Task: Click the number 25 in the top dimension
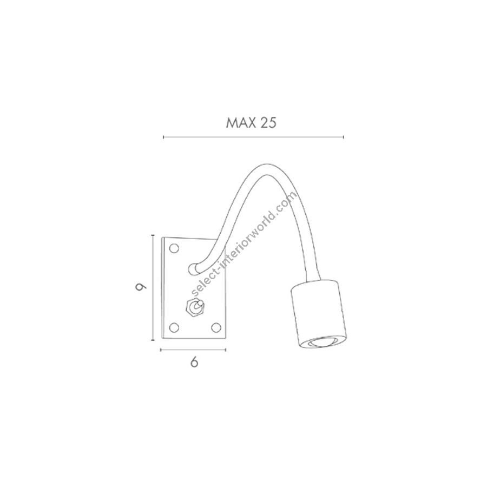click(268, 123)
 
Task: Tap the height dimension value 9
click(141, 287)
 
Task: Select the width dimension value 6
click(194, 362)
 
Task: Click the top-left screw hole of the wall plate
click(174, 248)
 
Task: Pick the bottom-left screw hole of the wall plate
click(174, 327)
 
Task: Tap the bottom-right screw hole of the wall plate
click(216, 327)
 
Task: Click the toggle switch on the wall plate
click(195, 307)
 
